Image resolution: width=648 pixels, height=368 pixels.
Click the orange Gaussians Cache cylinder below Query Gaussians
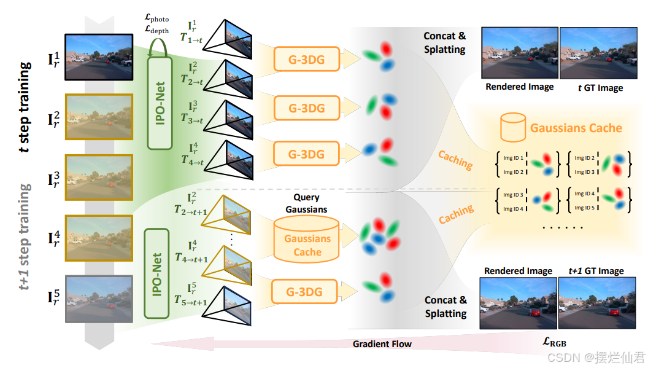(307, 242)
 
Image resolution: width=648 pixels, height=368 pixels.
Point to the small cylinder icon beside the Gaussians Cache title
(514, 128)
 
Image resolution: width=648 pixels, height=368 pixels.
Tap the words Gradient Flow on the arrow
(382, 344)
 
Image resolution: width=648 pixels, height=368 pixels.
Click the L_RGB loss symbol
(559, 341)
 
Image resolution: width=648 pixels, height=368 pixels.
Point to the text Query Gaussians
(306, 203)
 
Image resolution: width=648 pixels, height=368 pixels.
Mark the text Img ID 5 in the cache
(582, 208)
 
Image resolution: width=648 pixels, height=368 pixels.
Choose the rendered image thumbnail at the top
(519, 53)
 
